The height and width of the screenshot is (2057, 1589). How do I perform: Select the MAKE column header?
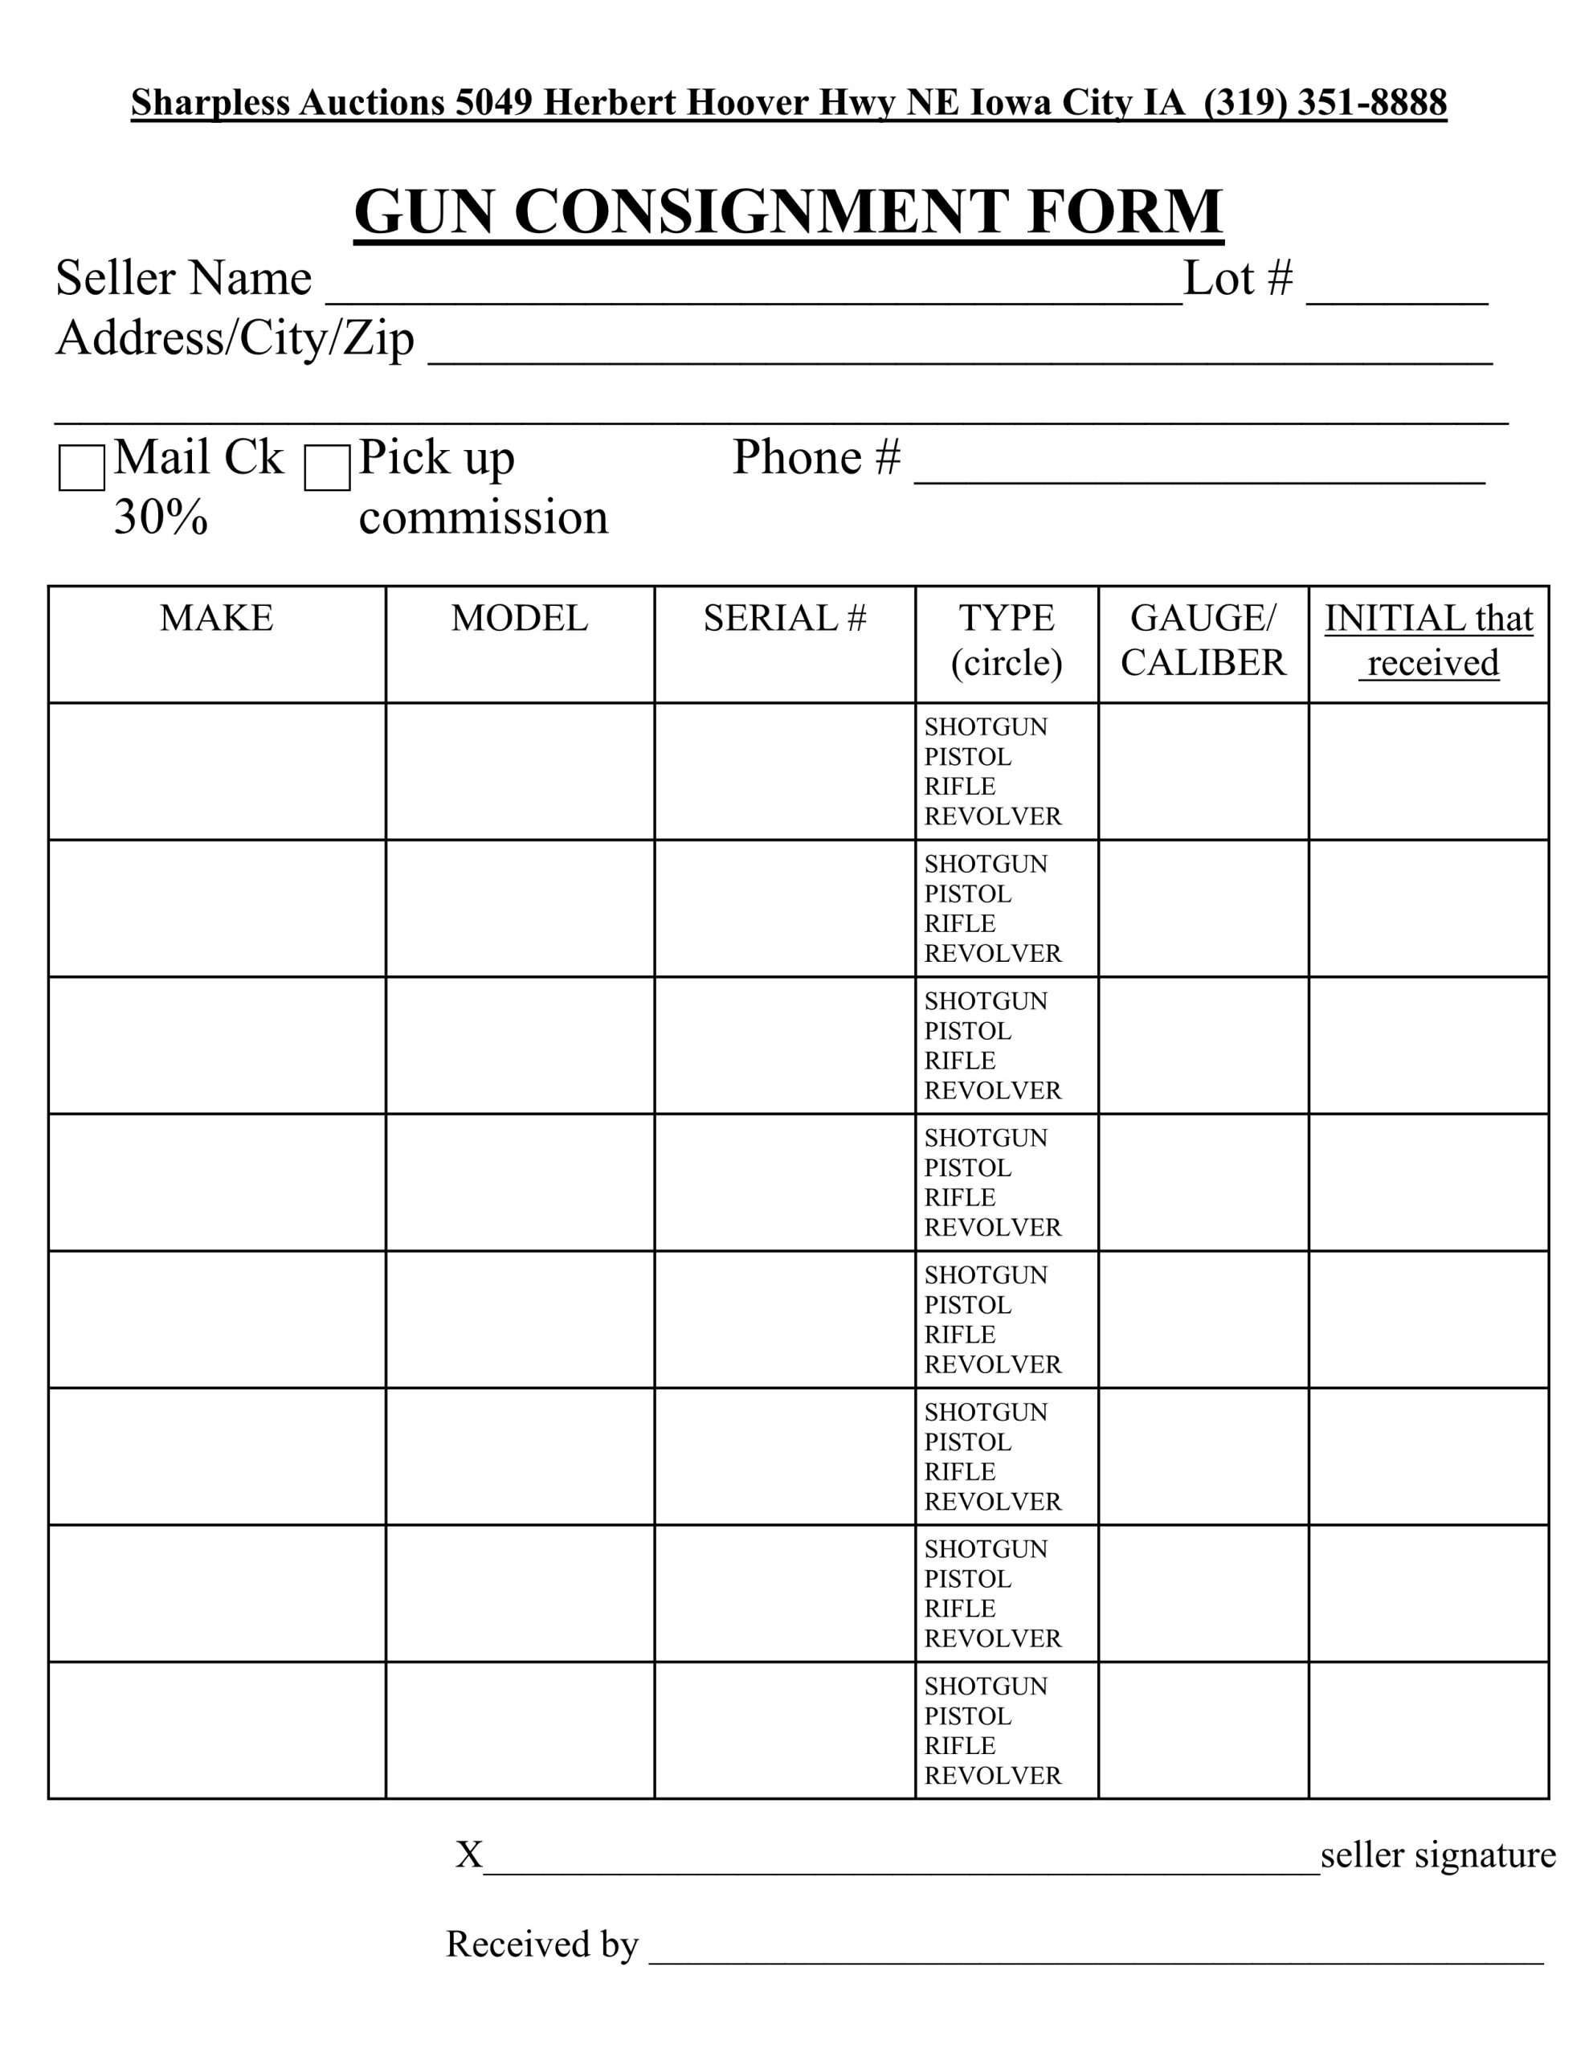coord(217,619)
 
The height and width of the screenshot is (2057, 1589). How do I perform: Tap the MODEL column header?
coord(519,619)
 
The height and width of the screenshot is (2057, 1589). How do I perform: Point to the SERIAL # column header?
coord(784,619)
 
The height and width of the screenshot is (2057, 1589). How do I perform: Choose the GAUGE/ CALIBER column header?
coord(1202,640)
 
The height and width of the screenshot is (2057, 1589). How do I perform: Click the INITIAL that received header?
coord(1428,640)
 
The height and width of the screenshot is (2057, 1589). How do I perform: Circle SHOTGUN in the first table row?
coord(985,727)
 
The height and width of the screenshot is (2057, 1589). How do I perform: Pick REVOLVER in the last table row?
coord(992,1776)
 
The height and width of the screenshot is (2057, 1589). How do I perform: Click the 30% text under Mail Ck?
coord(161,518)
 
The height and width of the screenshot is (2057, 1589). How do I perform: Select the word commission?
coord(483,518)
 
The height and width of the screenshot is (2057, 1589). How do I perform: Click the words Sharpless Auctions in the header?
coord(288,103)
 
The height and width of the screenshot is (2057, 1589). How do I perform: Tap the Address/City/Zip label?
coord(235,338)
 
